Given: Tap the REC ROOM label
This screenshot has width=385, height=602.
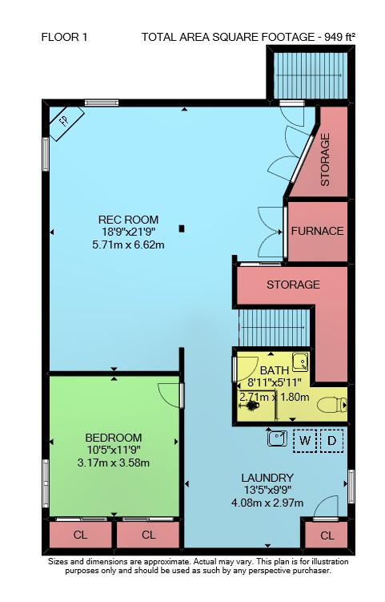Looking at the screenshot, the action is pos(128,220).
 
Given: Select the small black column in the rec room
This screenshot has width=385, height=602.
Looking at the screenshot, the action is pos(182,228).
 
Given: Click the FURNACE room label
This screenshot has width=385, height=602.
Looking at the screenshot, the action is pos(317,231).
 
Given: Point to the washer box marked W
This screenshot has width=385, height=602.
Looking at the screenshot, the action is pos(305,440).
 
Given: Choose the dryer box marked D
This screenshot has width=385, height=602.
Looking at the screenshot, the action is pos(331,440).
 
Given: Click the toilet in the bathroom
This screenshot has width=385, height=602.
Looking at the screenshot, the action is pos(332,405).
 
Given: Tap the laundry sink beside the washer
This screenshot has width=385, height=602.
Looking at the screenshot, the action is pos(277,438).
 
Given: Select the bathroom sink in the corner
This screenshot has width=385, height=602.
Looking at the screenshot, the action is pos(301,362).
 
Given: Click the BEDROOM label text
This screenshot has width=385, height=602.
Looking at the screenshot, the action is pos(114,438).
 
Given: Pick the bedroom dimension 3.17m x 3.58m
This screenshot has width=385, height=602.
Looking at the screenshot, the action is pos(114,463).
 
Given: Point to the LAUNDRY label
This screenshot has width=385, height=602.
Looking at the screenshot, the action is pos(267,478).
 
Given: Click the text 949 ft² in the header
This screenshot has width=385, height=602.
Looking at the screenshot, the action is pos(339,37).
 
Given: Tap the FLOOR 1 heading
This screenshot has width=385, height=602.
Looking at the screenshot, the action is pos(64,37).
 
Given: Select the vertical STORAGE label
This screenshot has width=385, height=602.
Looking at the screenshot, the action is pos(325,160).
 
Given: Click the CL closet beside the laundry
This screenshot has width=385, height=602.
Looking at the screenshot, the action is pos(327,535).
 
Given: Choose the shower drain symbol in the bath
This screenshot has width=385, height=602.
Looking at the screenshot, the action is pos(251,405).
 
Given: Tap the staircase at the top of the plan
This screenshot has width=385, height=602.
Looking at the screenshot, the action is pos(311,75).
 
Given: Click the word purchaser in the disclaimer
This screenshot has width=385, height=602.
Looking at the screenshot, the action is pos(311,571).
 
